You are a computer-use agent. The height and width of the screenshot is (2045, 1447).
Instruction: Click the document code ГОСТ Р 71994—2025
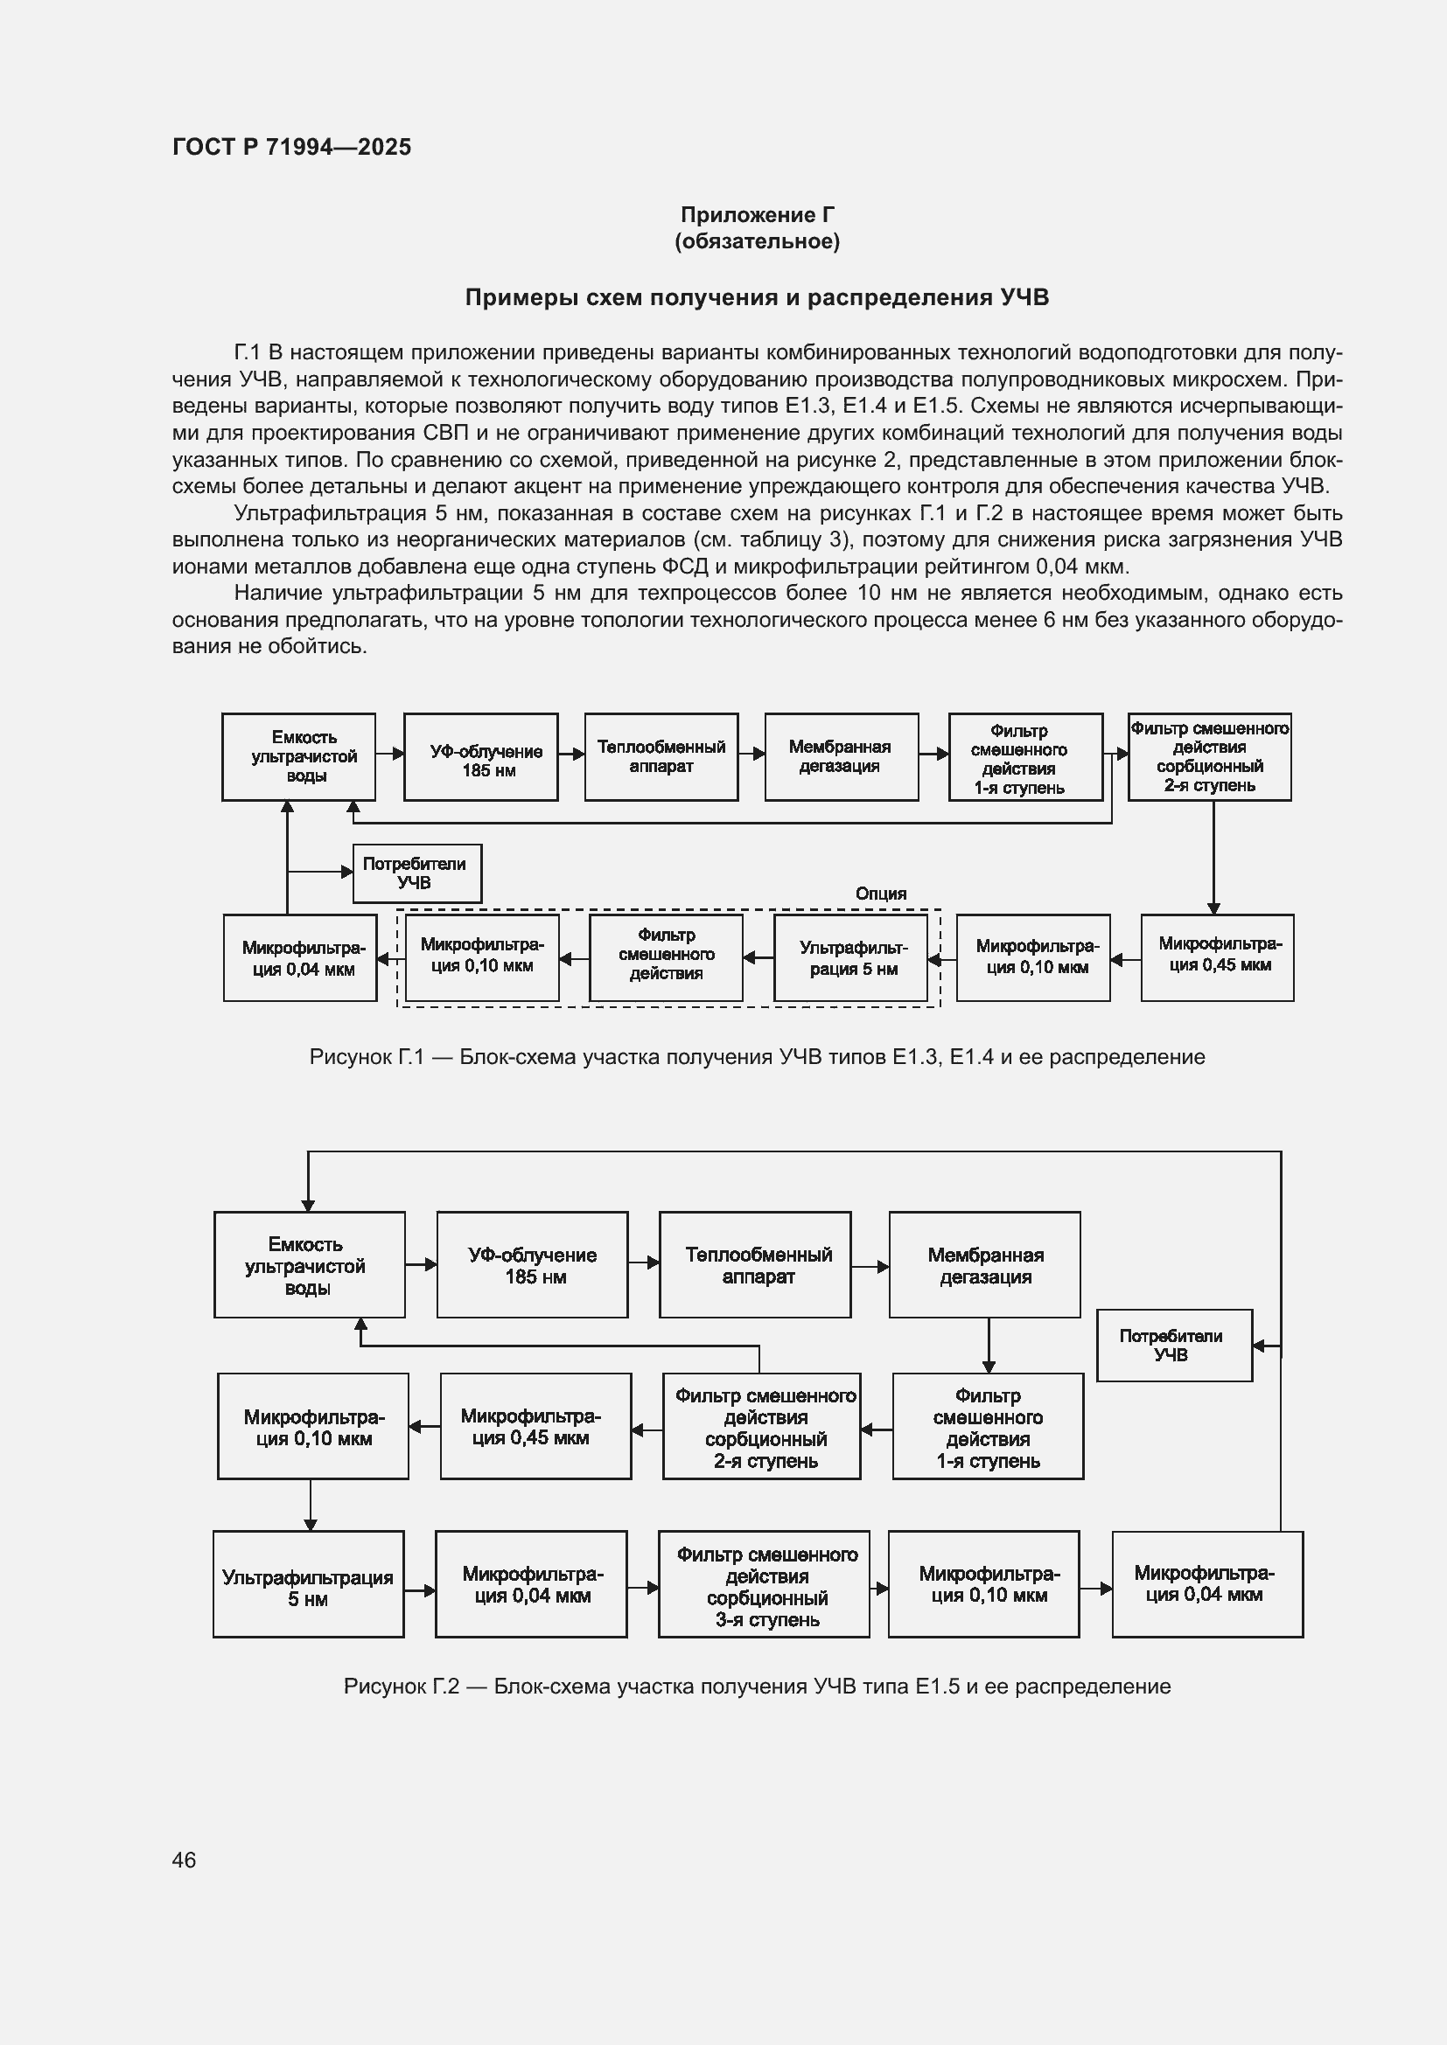291,147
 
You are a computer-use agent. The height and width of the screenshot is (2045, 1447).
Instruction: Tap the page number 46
184,1860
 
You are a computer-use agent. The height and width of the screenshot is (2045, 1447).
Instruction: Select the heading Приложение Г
757,215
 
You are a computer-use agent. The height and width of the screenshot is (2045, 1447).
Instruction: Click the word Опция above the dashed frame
880,894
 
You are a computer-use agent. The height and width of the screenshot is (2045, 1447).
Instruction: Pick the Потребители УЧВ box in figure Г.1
417,873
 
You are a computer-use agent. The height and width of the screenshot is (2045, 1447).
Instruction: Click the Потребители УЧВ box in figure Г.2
1173,1345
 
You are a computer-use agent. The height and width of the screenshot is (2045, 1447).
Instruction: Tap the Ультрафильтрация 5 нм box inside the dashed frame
851,958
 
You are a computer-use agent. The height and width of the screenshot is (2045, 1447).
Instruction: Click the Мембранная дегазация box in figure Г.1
841,757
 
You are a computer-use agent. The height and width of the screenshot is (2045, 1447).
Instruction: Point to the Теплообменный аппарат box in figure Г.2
755,1265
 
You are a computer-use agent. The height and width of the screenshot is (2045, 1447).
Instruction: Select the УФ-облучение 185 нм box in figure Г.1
481,757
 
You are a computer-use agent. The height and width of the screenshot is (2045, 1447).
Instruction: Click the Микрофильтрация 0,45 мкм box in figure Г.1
1217,957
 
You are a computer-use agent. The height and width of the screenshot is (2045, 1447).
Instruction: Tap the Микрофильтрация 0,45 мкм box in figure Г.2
535,1426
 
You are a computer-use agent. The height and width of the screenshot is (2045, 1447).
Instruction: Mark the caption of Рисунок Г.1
757,1057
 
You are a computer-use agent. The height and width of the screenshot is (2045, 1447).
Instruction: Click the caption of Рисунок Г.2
757,1686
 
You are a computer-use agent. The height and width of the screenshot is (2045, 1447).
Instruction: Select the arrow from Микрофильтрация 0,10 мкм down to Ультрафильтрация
310,1505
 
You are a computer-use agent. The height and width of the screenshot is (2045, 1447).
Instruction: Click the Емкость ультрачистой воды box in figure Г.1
298,757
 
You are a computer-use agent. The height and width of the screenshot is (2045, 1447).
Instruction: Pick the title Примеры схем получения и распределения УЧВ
757,297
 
